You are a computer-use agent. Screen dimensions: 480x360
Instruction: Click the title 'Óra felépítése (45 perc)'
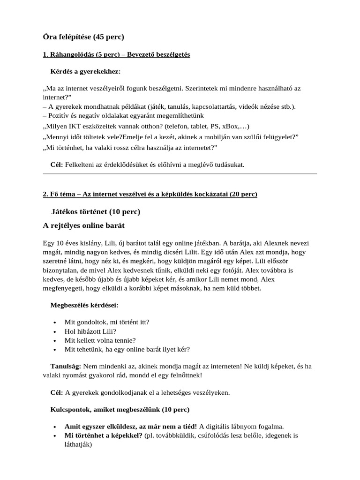[83, 36]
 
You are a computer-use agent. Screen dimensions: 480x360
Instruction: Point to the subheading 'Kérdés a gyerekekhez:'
[85, 71]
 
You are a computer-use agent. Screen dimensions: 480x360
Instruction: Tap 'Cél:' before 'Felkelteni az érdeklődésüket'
[57, 165]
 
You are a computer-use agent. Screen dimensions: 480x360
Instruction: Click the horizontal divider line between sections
[180, 174]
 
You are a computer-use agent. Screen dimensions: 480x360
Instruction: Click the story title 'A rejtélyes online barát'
[83, 225]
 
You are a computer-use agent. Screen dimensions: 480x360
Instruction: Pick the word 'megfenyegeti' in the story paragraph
[64, 288]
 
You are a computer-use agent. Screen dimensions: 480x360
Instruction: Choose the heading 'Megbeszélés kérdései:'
[84, 305]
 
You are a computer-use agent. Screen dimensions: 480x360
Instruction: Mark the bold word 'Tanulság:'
[66, 366]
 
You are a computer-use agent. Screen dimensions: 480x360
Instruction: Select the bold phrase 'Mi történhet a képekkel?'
[103, 435]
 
